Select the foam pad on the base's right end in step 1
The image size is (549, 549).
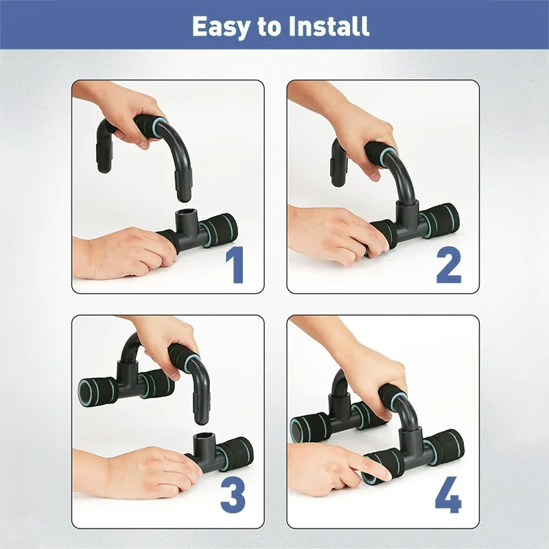pos(218,228)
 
